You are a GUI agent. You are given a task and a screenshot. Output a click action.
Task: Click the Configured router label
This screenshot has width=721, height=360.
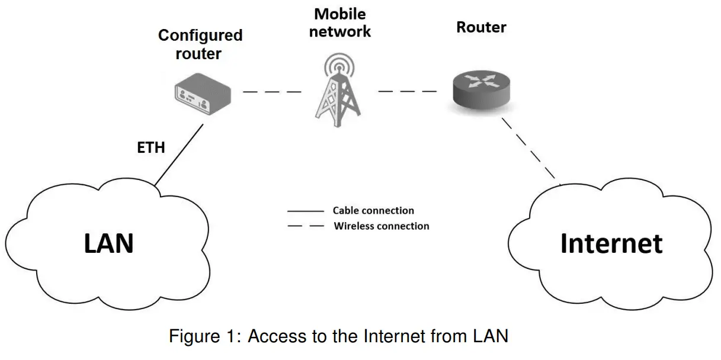point(200,44)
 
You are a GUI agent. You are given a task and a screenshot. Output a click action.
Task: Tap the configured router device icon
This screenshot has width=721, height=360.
point(201,94)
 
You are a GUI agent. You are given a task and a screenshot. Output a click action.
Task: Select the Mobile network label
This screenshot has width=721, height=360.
point(340,22)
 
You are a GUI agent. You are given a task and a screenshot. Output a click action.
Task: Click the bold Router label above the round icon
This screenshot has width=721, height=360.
point(481,27)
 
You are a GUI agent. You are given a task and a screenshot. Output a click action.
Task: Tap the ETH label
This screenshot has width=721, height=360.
point(151,148)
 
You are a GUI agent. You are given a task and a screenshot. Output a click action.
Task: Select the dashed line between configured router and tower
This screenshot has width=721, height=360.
point(272,92)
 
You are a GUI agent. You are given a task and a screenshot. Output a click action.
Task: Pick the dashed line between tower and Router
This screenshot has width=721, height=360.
point(407,91)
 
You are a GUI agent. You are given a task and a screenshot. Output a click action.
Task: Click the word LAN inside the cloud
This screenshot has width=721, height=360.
point(109,243)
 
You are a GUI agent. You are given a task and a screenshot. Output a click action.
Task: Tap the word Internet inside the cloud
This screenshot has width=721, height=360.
point(611,243)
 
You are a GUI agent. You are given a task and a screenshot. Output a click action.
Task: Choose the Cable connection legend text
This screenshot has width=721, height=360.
point(373,210)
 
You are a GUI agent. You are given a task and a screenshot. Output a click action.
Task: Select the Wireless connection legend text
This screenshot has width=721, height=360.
point(382,226)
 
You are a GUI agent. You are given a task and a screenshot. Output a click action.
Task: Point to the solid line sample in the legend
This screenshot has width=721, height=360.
point(305,211)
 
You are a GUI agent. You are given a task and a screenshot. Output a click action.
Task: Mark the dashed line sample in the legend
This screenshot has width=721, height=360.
point(305,226)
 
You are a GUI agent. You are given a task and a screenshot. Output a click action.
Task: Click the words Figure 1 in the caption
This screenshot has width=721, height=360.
point(204,337)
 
